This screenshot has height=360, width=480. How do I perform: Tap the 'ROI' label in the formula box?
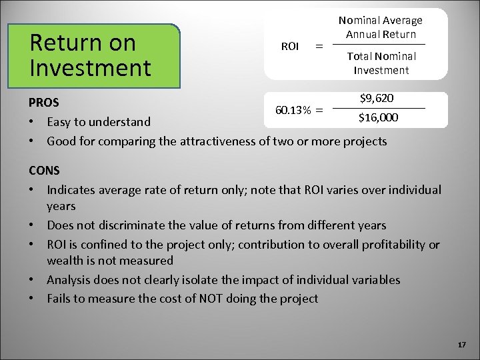(290, 46)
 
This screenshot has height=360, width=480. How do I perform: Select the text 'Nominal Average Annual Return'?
(380, 27)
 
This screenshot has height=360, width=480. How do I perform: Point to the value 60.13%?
(292, 109)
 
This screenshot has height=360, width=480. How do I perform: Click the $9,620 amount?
(376, 99)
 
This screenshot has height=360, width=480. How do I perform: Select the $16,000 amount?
(379, 118)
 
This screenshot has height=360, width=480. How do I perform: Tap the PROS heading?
(43, 103)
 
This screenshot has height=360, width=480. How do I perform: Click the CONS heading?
(44, 171)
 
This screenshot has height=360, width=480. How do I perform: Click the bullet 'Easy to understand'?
(99, 122)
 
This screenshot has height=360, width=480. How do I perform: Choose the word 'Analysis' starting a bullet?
(70, 280)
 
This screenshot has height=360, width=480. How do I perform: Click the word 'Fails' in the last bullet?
(60, 298)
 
